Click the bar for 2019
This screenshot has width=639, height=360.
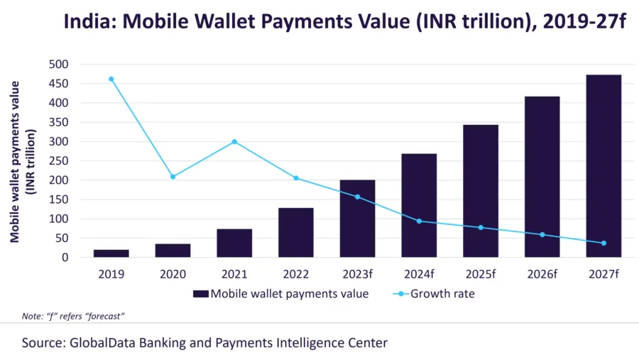click(111, 253)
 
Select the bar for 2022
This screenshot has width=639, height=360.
click(296, 232)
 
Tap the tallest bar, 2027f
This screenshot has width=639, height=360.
click(603, 166)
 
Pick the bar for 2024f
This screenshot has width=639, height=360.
click(419, 205)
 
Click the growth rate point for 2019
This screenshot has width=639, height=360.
click(111, 79)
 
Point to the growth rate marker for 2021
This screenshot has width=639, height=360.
click(234, 142)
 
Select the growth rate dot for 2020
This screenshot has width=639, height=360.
click(173, 177)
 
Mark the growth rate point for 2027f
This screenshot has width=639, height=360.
click(603, 243)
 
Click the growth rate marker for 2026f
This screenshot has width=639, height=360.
click(542, 235)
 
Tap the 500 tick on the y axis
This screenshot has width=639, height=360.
click(59, 65)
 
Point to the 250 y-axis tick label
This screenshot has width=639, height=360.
click(59, 161)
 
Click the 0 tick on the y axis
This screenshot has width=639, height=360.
click(65, 258)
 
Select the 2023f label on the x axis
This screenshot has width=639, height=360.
click(357, 274)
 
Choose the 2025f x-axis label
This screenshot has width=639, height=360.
click(481, 274)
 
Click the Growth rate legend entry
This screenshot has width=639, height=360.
click(434, 293)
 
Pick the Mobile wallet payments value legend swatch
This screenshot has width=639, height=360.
click(200, 293)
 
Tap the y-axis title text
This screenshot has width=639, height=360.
click(23, 162)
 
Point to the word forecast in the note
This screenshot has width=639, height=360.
click(104, 316)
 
